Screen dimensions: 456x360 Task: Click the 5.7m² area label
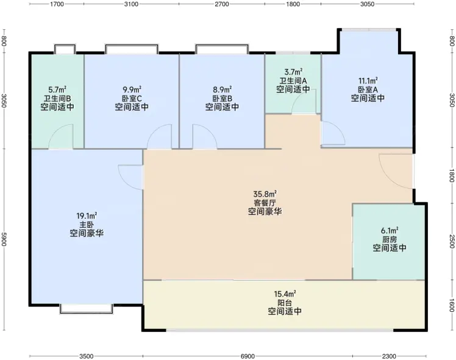(57, 89)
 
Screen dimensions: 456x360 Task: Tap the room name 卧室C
(132, 98)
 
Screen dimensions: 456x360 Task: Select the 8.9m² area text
(222, 89)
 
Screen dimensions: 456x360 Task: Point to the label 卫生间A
(293, 80)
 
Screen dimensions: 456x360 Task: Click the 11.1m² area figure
(368, 80)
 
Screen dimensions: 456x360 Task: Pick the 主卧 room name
(87, 225)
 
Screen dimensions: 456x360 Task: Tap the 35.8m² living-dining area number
(265, 194)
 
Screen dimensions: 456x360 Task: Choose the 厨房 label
(390, 239)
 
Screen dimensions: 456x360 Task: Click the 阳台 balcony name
(285, 303)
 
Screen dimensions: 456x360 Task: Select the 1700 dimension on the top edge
(57, 4)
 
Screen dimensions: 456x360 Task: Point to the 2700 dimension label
(222, 4)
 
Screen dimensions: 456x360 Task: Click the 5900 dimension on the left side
(4, 239)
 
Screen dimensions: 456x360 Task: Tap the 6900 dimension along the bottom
(248, 356)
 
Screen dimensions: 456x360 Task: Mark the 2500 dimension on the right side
(451, 241)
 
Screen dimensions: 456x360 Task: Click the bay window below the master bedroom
(86, 309)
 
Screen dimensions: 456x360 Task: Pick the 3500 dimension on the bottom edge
(87, 356)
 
